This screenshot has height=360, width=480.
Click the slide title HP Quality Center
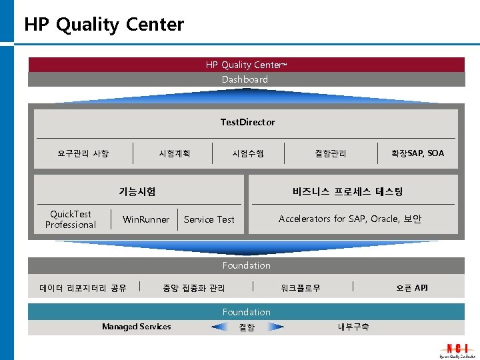[x=104, y=25]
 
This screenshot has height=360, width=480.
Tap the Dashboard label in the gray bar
[x=245, y=79]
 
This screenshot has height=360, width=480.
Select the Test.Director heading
[x=247, y=122]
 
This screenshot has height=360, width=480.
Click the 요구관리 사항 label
[x=83, y=153]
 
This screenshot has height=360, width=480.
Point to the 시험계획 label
[x=175, y=153]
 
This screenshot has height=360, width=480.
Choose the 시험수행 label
[x=248, y=153]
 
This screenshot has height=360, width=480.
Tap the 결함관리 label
[x=331, y=153]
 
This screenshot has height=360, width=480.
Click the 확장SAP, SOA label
[x=418, y=153]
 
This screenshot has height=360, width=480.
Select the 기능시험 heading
[x=137, y=191]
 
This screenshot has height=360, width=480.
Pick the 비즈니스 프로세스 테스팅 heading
[x=347, y=191]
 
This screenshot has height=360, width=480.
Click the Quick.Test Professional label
[x=71, y=219]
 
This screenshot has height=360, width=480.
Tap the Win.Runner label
[x=146, y=219]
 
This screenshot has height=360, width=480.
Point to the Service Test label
[x=209, y=219]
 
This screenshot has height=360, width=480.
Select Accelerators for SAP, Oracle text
[x=350, y=219]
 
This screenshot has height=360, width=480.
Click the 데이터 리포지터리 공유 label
[x=83, y=288]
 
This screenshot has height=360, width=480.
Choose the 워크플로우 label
[x=301, y=288]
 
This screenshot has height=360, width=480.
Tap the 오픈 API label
[x=412, y=288]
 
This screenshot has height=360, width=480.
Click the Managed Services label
[x=136, y=327]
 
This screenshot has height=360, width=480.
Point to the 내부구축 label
[x=353, y=327]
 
